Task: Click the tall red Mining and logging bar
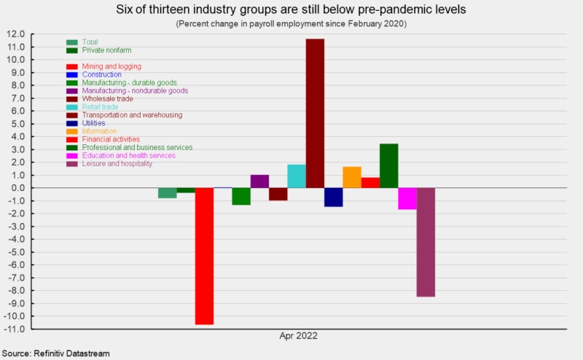204,255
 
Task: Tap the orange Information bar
352,177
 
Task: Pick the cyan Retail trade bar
297,176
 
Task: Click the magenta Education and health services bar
407,198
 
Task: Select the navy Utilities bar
334,197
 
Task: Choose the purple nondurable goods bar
259,181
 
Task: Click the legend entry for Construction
102,74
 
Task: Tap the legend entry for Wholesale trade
107,98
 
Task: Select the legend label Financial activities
111,139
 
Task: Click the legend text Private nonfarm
108,50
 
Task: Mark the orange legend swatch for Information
72,131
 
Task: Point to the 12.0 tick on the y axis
16,34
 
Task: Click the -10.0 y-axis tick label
15,316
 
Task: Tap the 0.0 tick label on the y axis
17,188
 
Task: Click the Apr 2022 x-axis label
298,337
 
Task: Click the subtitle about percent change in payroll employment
291,24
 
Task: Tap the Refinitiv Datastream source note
55,353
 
